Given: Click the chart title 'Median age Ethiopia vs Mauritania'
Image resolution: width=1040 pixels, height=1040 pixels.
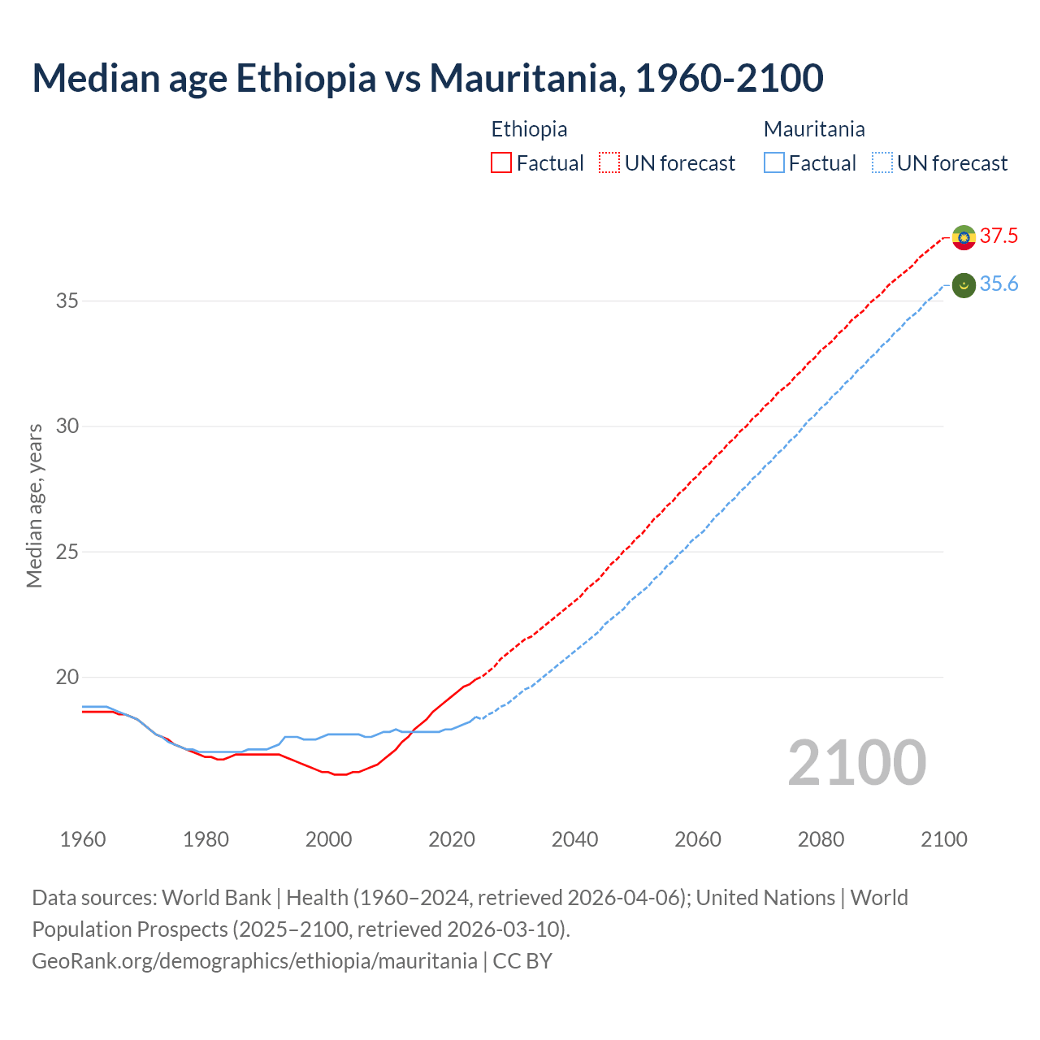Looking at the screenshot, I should (x=427, y=78).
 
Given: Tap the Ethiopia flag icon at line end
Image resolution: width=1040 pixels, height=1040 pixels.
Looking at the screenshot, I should (x=964, y=237).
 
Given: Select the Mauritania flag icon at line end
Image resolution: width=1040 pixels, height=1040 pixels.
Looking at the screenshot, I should (x=964, y=285).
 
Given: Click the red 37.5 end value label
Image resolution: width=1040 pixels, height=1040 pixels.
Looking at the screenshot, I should (x=999, y=236).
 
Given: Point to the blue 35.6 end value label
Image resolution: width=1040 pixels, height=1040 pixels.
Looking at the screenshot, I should (x=999, y=284).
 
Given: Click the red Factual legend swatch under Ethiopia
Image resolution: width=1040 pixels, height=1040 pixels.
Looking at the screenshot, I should (x=501, y=163).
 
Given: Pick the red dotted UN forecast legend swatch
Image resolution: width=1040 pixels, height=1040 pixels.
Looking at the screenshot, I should (x=609, y=163).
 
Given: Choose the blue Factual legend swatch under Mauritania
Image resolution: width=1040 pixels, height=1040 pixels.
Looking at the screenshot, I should (x=774, y=163).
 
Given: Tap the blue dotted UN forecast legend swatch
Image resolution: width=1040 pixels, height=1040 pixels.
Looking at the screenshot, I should (x=882, y=163).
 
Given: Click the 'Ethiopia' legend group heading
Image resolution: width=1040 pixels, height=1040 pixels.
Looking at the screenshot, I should (x=529, y=129).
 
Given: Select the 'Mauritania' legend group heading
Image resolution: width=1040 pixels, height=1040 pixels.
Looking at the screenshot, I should (x=814, y=129).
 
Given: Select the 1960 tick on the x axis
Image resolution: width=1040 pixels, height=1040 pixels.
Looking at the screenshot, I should (x=83, y=839).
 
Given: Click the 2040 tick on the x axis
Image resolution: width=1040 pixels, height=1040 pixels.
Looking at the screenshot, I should (x=574, y=839).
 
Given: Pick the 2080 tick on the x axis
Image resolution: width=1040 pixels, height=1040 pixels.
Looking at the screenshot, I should (x=821, y=839).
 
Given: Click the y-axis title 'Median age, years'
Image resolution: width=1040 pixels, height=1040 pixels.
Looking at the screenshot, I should (x=34, y=505).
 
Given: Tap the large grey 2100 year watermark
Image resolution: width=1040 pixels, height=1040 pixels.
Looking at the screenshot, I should (x=856, y=762).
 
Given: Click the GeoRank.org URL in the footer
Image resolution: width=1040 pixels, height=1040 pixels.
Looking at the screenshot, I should (x=254, y=960).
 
